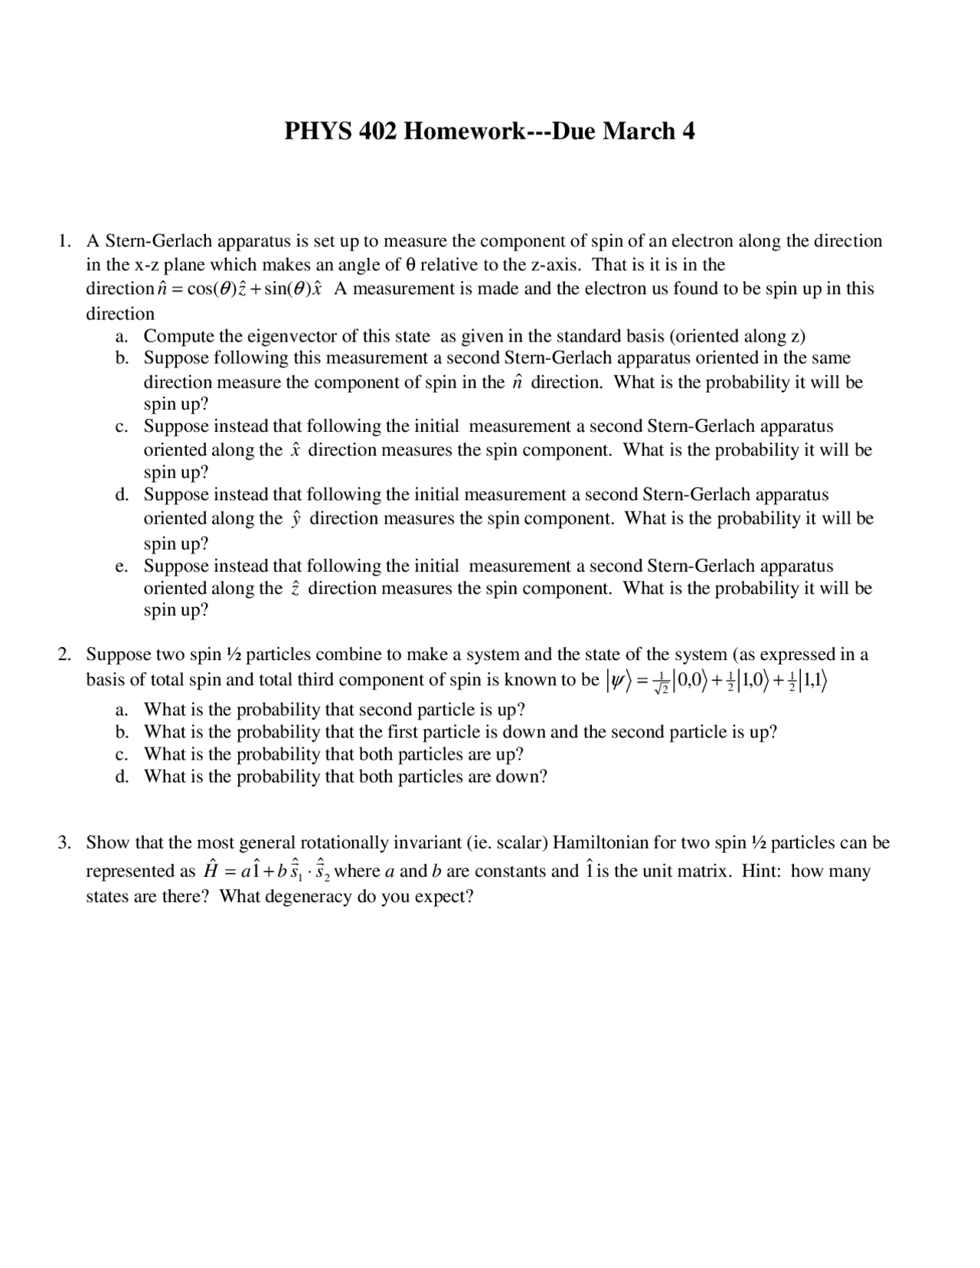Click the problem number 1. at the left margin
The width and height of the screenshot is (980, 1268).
click(x=65, y=241)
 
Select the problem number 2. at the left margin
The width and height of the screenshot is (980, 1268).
click(x=65, y=655)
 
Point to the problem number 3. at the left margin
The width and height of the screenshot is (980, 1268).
click(x=65, y=843)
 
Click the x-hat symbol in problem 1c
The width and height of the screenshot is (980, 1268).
click(x=296, y=450)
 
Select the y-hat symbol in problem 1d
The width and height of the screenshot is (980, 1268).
click(x=296, y=519)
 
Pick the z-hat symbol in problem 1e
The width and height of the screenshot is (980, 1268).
click(x=296, y=589)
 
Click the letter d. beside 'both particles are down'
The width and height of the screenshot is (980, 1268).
click(x=122, y=776)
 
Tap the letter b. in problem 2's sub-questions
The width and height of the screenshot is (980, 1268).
click(x=122, y=732)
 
